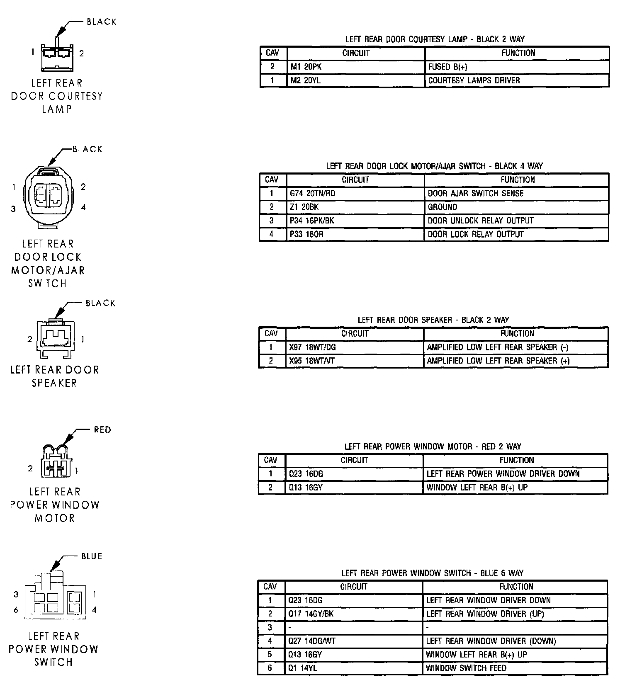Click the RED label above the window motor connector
click(102, 430)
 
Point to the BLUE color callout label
click(92, 556)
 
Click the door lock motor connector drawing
click(49, 197)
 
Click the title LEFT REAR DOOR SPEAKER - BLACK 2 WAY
click(433, 320)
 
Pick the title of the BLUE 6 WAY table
click(432, 573)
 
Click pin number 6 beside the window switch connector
click(16, 610)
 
